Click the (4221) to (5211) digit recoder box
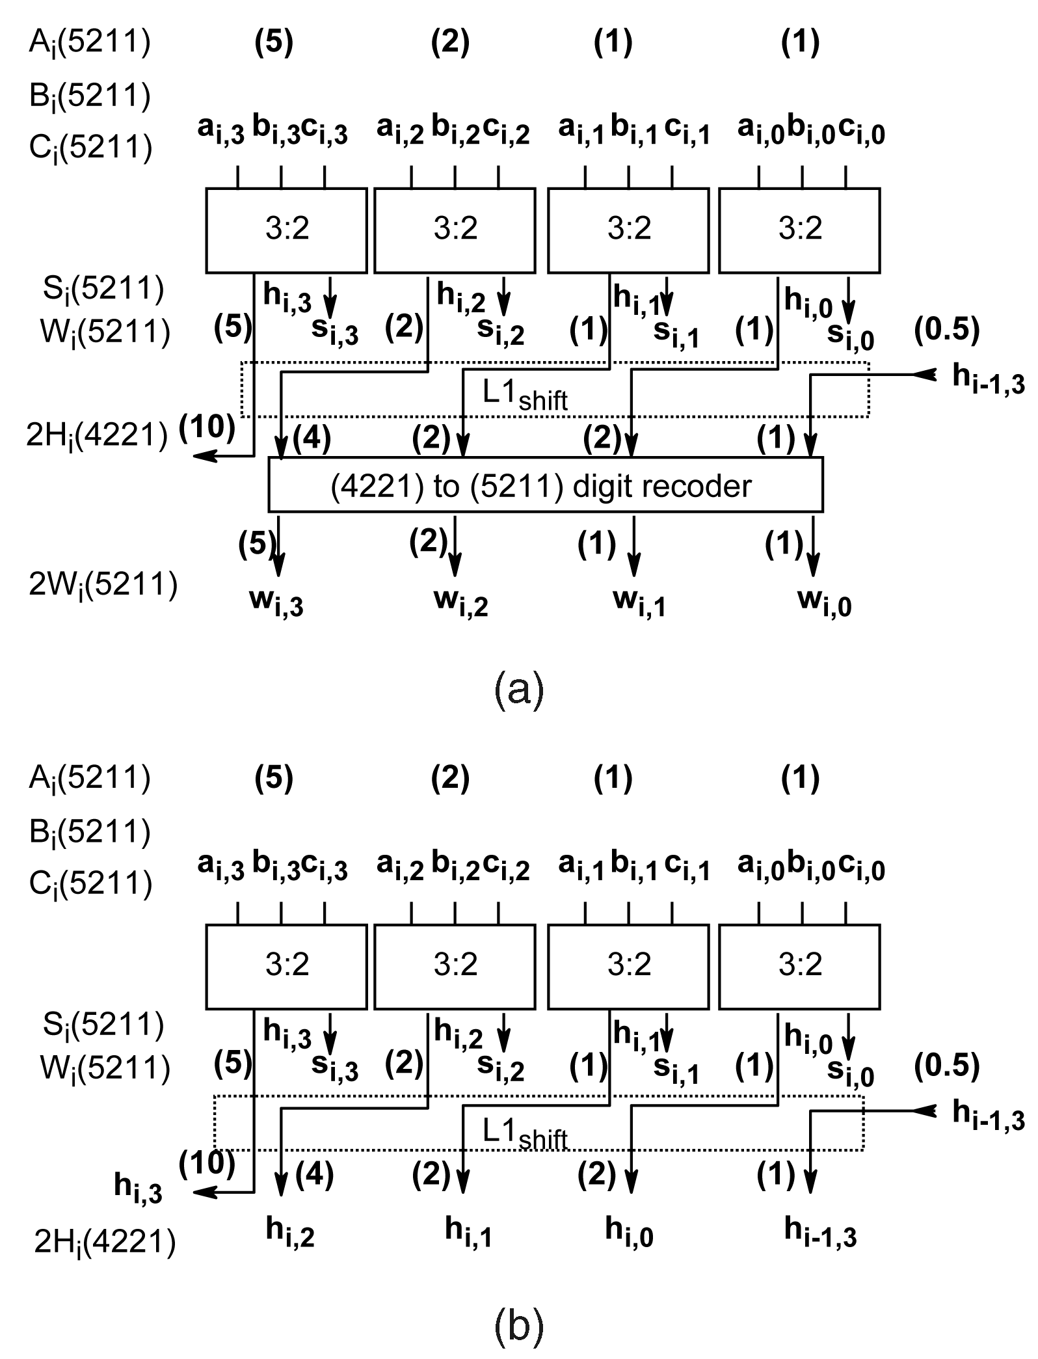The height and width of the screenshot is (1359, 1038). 545,485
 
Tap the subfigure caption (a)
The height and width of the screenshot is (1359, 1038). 518,691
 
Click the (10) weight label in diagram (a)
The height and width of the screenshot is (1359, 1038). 207,427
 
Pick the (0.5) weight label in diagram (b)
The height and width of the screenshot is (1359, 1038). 946,1065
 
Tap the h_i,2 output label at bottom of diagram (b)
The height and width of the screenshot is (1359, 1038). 290,1231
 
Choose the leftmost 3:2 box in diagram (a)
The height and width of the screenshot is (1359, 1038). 286,230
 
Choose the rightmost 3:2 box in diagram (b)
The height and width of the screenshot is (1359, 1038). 799,966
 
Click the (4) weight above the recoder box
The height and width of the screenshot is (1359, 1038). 312,438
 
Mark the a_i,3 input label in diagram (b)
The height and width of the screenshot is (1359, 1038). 220,866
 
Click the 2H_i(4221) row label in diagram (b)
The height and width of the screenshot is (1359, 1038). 104,1244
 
